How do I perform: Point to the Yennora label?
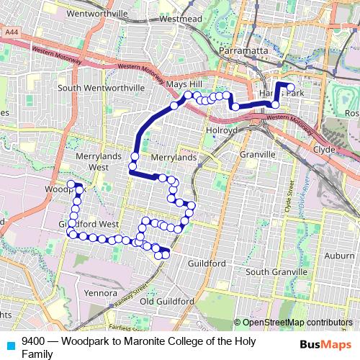tap(100, 293)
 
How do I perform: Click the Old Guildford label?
tap(167, 300)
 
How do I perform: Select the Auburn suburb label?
tap(339, 256)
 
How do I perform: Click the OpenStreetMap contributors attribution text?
tap(296, 322)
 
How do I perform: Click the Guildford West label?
tap(89, 224)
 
